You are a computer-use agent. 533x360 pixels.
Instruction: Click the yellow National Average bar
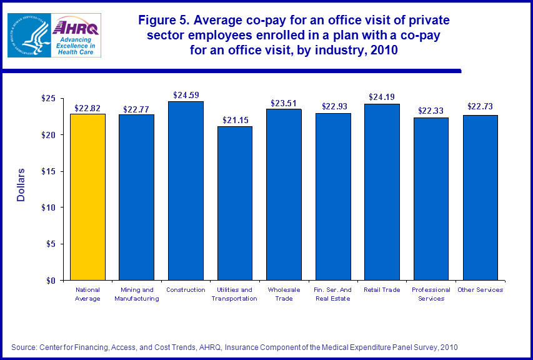pyautogui.click(x=87, y=197)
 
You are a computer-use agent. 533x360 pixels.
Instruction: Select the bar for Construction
pyautogui.click(x=186, y=191)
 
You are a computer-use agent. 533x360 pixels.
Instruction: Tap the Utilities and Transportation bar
pyautogui.click(x=234, y=203)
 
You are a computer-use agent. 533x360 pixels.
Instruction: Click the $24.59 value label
pyautogui.click(x=186, y=96)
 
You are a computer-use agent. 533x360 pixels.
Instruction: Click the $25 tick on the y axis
pyautogui.click(x=47, y=99)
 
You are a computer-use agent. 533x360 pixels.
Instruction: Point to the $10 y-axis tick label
pyautogui.click(x=47, y=207)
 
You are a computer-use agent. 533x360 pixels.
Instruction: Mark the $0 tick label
pyautogui.click(x=51, y=280)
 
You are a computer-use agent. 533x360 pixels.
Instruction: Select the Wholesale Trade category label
pyautogui.click(x=284, y=294)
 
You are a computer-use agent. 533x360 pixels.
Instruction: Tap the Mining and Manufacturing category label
pyautogui.click(x=136, y=294)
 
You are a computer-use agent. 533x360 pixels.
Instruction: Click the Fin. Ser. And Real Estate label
pyautogui.click(x=333, y=294)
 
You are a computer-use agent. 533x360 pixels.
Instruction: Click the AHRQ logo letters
pyautogui.click(x=75, y=27)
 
